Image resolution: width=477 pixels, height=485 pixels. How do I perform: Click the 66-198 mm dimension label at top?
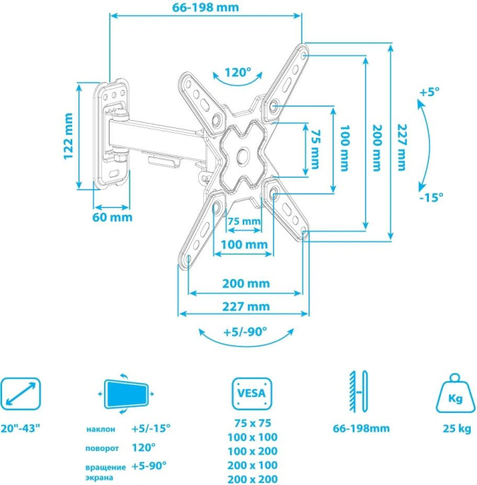pyautogui.click(x=205, y=8)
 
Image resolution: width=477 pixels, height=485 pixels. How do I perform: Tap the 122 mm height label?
pyautogui.click(x=69, y=136)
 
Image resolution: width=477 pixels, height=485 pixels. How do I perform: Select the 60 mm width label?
pyautogui.click(x=112, y=217)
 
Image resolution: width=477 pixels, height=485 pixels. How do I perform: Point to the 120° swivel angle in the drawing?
pyautogui.click(x=238, y=72)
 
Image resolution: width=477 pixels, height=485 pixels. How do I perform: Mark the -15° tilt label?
pyautogui.click(x=430, y=197)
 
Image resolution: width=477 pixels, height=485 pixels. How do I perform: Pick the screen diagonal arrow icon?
pyautogui.click(x=21, y=392)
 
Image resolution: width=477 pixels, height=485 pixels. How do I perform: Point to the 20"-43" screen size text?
pyautogui.click(x=21, y=428)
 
